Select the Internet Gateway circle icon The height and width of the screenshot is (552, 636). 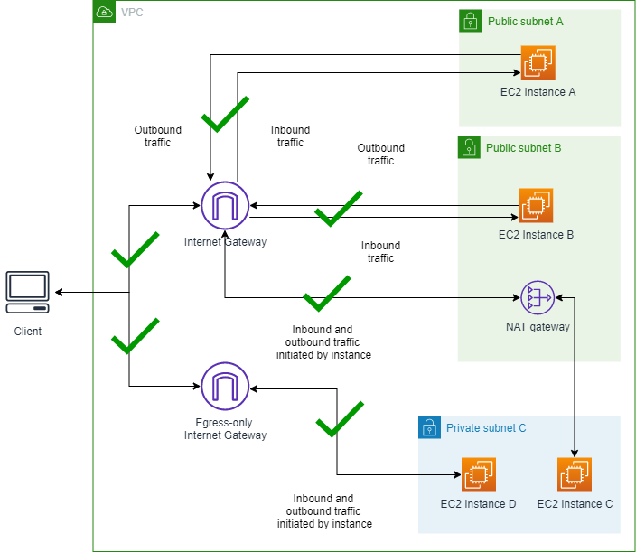225,206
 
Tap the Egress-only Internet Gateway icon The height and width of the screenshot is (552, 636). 225,387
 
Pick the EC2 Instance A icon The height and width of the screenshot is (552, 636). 538,62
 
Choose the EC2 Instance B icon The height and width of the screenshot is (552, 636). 536,206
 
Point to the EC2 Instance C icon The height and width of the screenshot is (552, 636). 575,474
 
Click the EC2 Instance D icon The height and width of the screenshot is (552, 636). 478,474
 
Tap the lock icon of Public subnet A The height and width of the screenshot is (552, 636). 470,21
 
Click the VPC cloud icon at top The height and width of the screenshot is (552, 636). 105,12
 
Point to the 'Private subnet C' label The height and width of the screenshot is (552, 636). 486,428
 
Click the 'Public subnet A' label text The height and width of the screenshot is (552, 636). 525,21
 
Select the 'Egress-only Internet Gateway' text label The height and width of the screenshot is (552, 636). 225,428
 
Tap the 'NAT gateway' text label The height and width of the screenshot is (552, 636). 538,326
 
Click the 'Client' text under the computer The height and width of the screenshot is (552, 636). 27,332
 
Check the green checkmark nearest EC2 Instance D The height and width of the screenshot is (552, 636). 339,416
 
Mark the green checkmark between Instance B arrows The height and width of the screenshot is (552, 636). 338,208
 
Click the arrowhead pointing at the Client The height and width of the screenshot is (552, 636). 58,293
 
